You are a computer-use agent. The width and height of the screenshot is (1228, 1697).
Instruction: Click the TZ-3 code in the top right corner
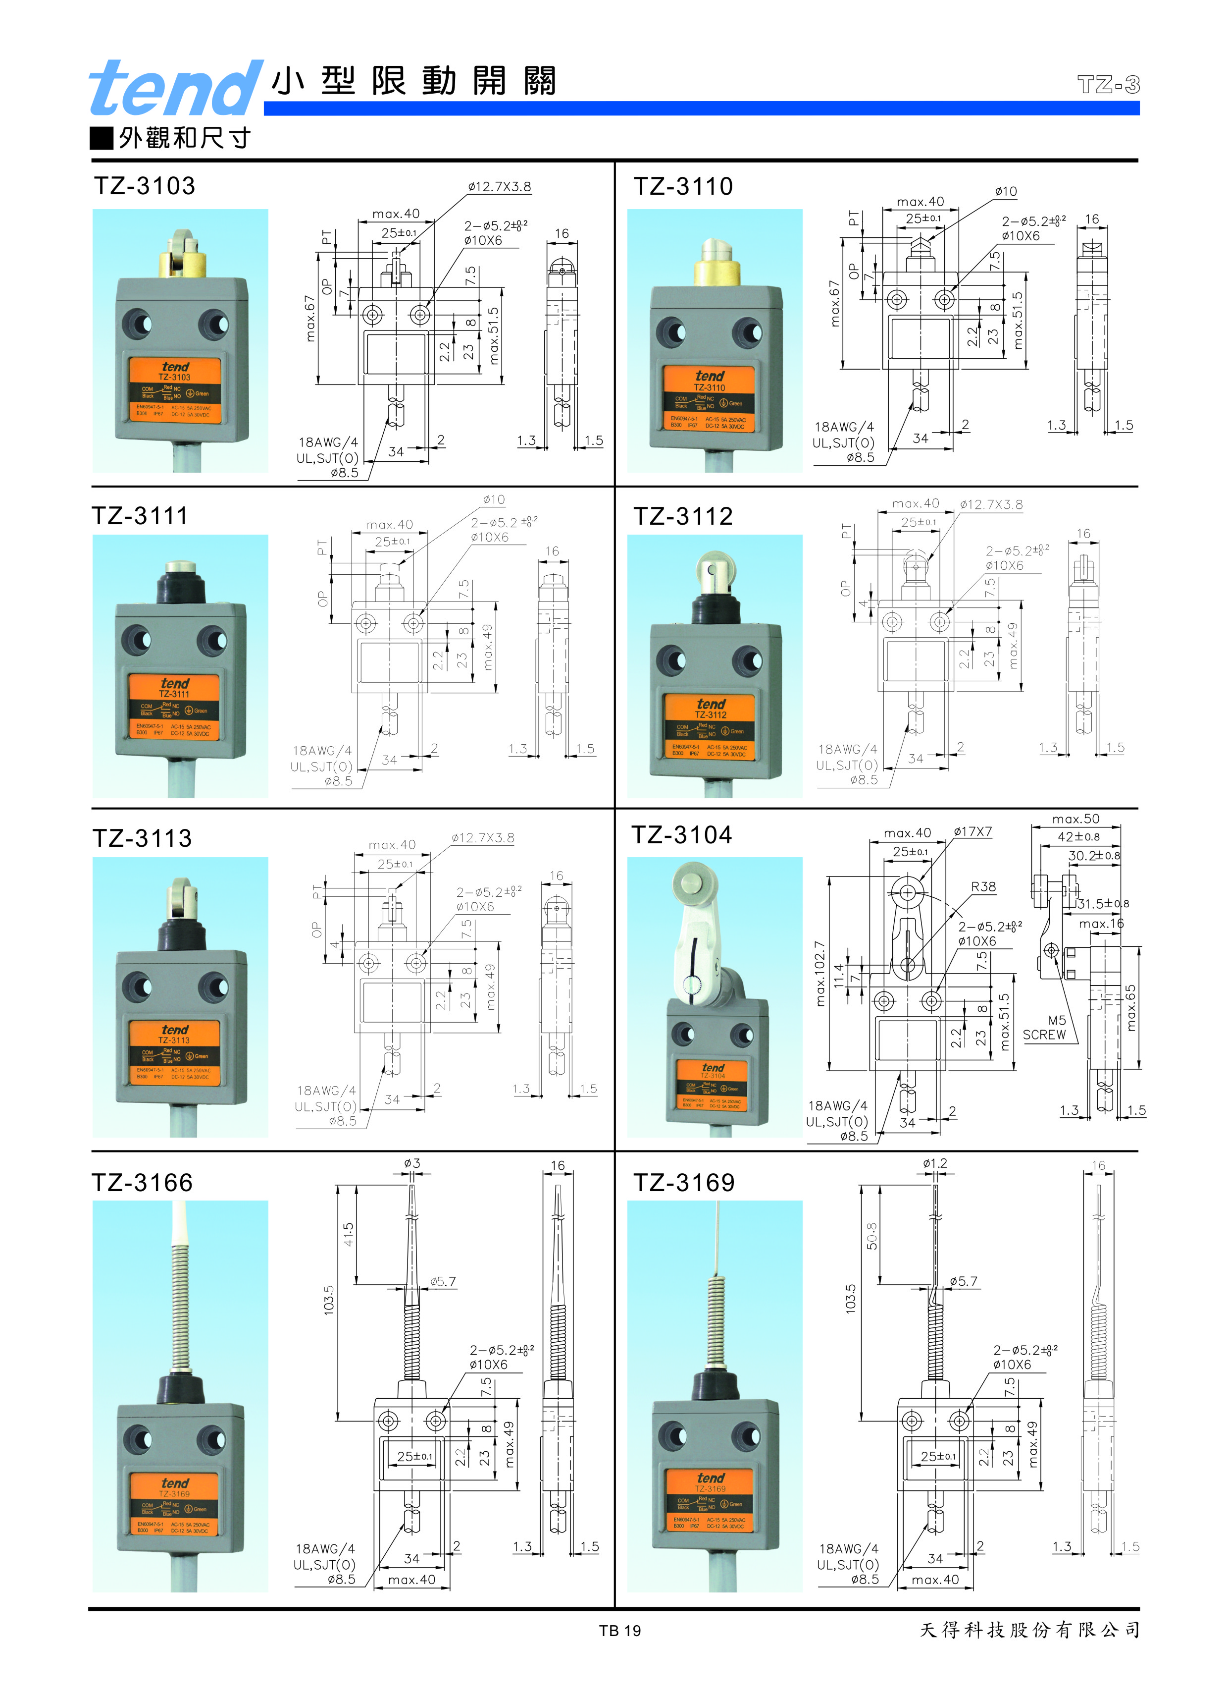click(1108, 85)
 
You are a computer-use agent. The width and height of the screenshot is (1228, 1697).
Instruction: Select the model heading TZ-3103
click(144, 186)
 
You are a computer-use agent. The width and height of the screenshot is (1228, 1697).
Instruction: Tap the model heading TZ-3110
click(683, 186)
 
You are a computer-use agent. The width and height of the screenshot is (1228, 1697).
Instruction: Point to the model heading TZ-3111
click(140, 515)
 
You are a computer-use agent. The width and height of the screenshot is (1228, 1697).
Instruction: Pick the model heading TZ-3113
click(142, 838)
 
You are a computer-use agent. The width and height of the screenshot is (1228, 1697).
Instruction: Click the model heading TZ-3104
click(681, 834)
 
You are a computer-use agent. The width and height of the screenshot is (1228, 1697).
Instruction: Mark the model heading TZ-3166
click(142, 1182)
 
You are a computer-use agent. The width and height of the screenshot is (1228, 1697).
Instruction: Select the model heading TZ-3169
click(683, 1182)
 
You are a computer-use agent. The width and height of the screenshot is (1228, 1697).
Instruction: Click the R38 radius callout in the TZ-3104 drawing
click(983, 887)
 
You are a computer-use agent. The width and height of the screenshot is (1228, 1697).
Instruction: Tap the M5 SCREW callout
click(1045, 1027)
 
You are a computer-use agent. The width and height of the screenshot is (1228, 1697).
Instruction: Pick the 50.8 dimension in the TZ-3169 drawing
click(872, 1235)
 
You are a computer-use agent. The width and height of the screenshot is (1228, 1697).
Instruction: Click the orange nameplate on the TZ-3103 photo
click(175, 390)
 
